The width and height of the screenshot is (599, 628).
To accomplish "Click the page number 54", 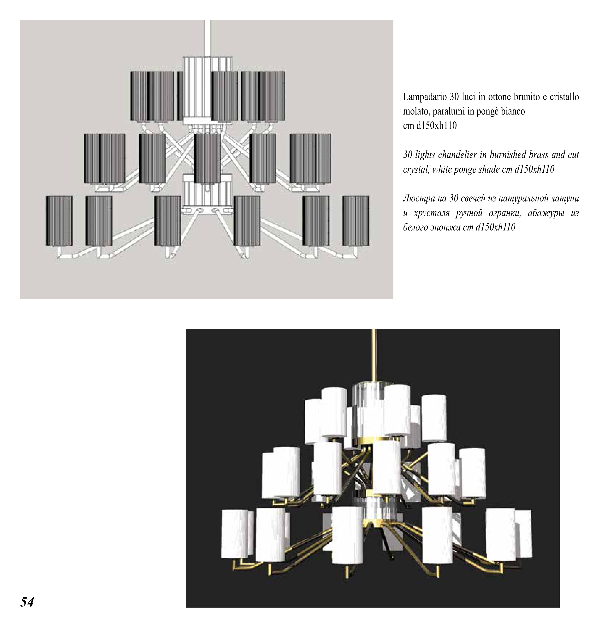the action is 27,602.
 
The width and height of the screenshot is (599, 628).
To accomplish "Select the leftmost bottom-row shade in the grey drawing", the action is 59,221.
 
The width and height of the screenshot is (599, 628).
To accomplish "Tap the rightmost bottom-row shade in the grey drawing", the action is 356,221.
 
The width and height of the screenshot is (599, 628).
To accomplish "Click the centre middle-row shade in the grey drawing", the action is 207,158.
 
